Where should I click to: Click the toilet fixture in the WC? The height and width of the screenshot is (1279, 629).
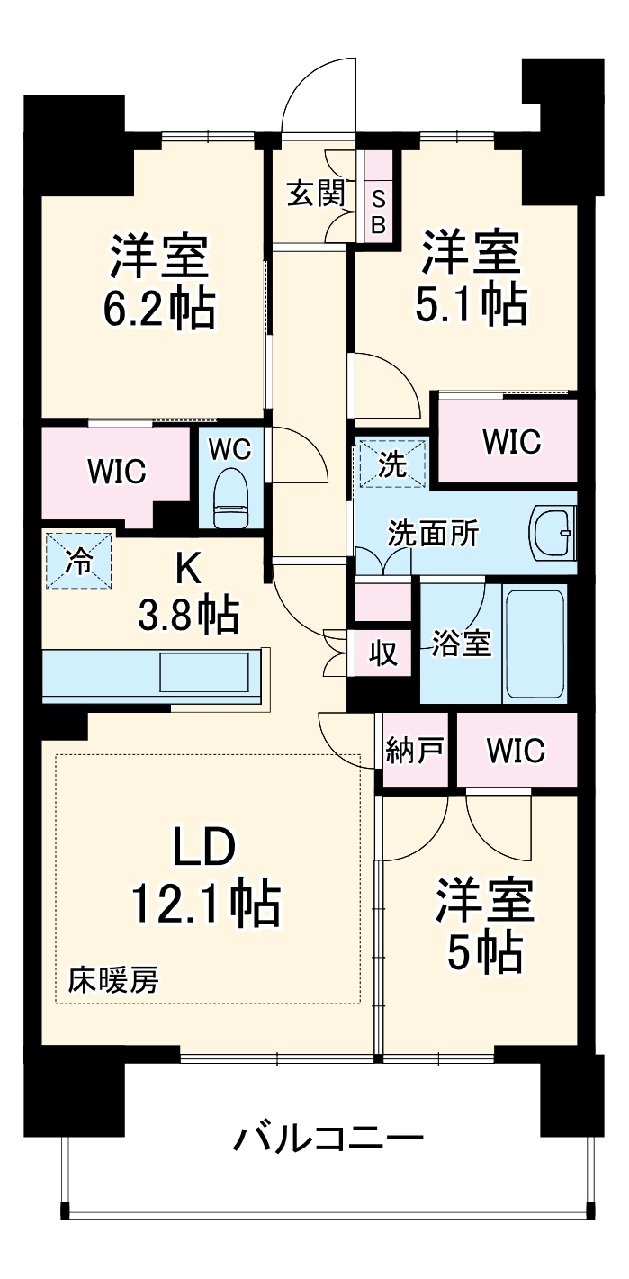(x=230, y=500)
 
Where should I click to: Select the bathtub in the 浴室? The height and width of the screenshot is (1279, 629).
(x=535, y=643)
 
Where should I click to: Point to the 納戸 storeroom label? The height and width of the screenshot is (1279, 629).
(x=414, y=750)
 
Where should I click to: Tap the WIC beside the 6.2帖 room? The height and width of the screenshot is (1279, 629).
(x=117, y=472)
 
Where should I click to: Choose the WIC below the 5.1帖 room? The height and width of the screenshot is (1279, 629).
(x=511, y=441)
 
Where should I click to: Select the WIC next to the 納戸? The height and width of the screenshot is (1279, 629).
(x=516, y=750)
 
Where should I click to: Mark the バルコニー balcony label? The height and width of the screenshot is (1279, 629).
(x=328, y=1139)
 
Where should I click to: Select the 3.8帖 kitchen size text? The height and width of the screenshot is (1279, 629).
(x=187, y=616)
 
